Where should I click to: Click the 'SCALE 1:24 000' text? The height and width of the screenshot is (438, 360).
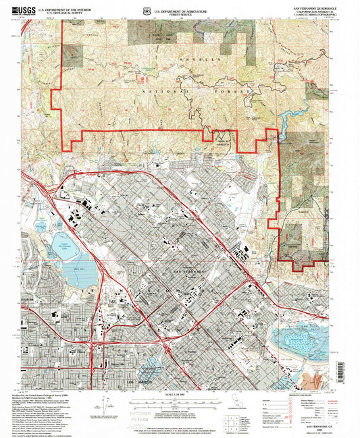point(178,394)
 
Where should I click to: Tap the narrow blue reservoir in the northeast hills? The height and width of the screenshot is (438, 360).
point(286,121)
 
